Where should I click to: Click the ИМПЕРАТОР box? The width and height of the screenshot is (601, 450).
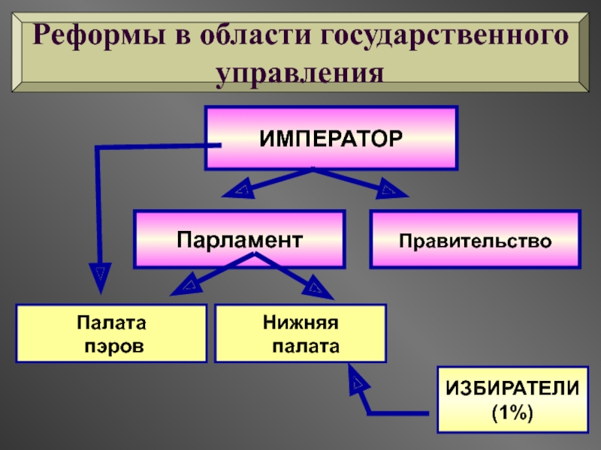[x=331, y=137]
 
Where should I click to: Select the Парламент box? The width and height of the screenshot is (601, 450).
[x=240, y=239]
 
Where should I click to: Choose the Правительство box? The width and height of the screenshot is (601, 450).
[x=475, y=240]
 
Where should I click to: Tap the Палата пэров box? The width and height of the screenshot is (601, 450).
[x=112, y=334]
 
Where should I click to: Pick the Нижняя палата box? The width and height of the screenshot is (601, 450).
[x=300, y=334]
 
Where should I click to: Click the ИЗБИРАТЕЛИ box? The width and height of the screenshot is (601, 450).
[x=512, y=400]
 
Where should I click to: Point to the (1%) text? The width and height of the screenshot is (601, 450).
[x=512, y=412]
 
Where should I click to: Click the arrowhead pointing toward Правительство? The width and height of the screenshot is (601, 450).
[x=390, y=189]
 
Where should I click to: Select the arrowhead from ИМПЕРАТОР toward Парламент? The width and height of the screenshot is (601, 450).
[x=239, y=190]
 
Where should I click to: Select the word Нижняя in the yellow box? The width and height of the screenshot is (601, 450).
[x=300, y=322]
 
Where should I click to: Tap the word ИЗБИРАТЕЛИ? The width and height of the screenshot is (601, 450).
[x=512, y=388]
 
